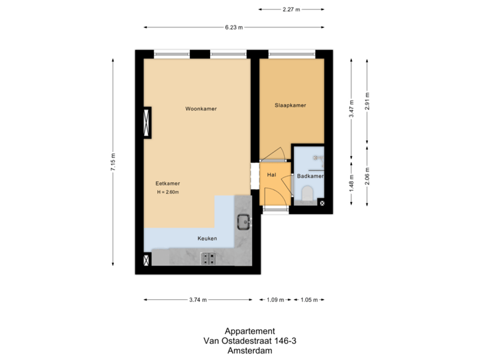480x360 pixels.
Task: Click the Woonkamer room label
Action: [x=201, y=109]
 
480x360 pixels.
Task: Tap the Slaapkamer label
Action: [x=290, y=105]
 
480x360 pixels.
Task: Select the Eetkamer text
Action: [x=168, y=183]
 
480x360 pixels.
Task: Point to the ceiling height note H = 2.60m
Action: [x=168, y=192]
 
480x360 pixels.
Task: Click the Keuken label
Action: [x=207, y=238]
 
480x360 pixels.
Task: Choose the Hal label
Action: [x=271, y=175]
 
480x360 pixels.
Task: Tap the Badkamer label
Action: [x=310, y=176]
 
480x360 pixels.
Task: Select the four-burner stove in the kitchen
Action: [x=209, y=258]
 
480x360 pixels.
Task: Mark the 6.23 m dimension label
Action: [x=234, y=27]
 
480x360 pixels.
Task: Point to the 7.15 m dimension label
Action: [x=113, y=162]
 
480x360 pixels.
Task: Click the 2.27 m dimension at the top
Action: [x=291, y=9]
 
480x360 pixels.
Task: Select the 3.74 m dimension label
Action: [x=198, y=300]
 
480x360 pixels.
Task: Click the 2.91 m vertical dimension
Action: [x=367, y=101]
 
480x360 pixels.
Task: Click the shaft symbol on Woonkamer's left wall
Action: [x=147, y=122]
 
